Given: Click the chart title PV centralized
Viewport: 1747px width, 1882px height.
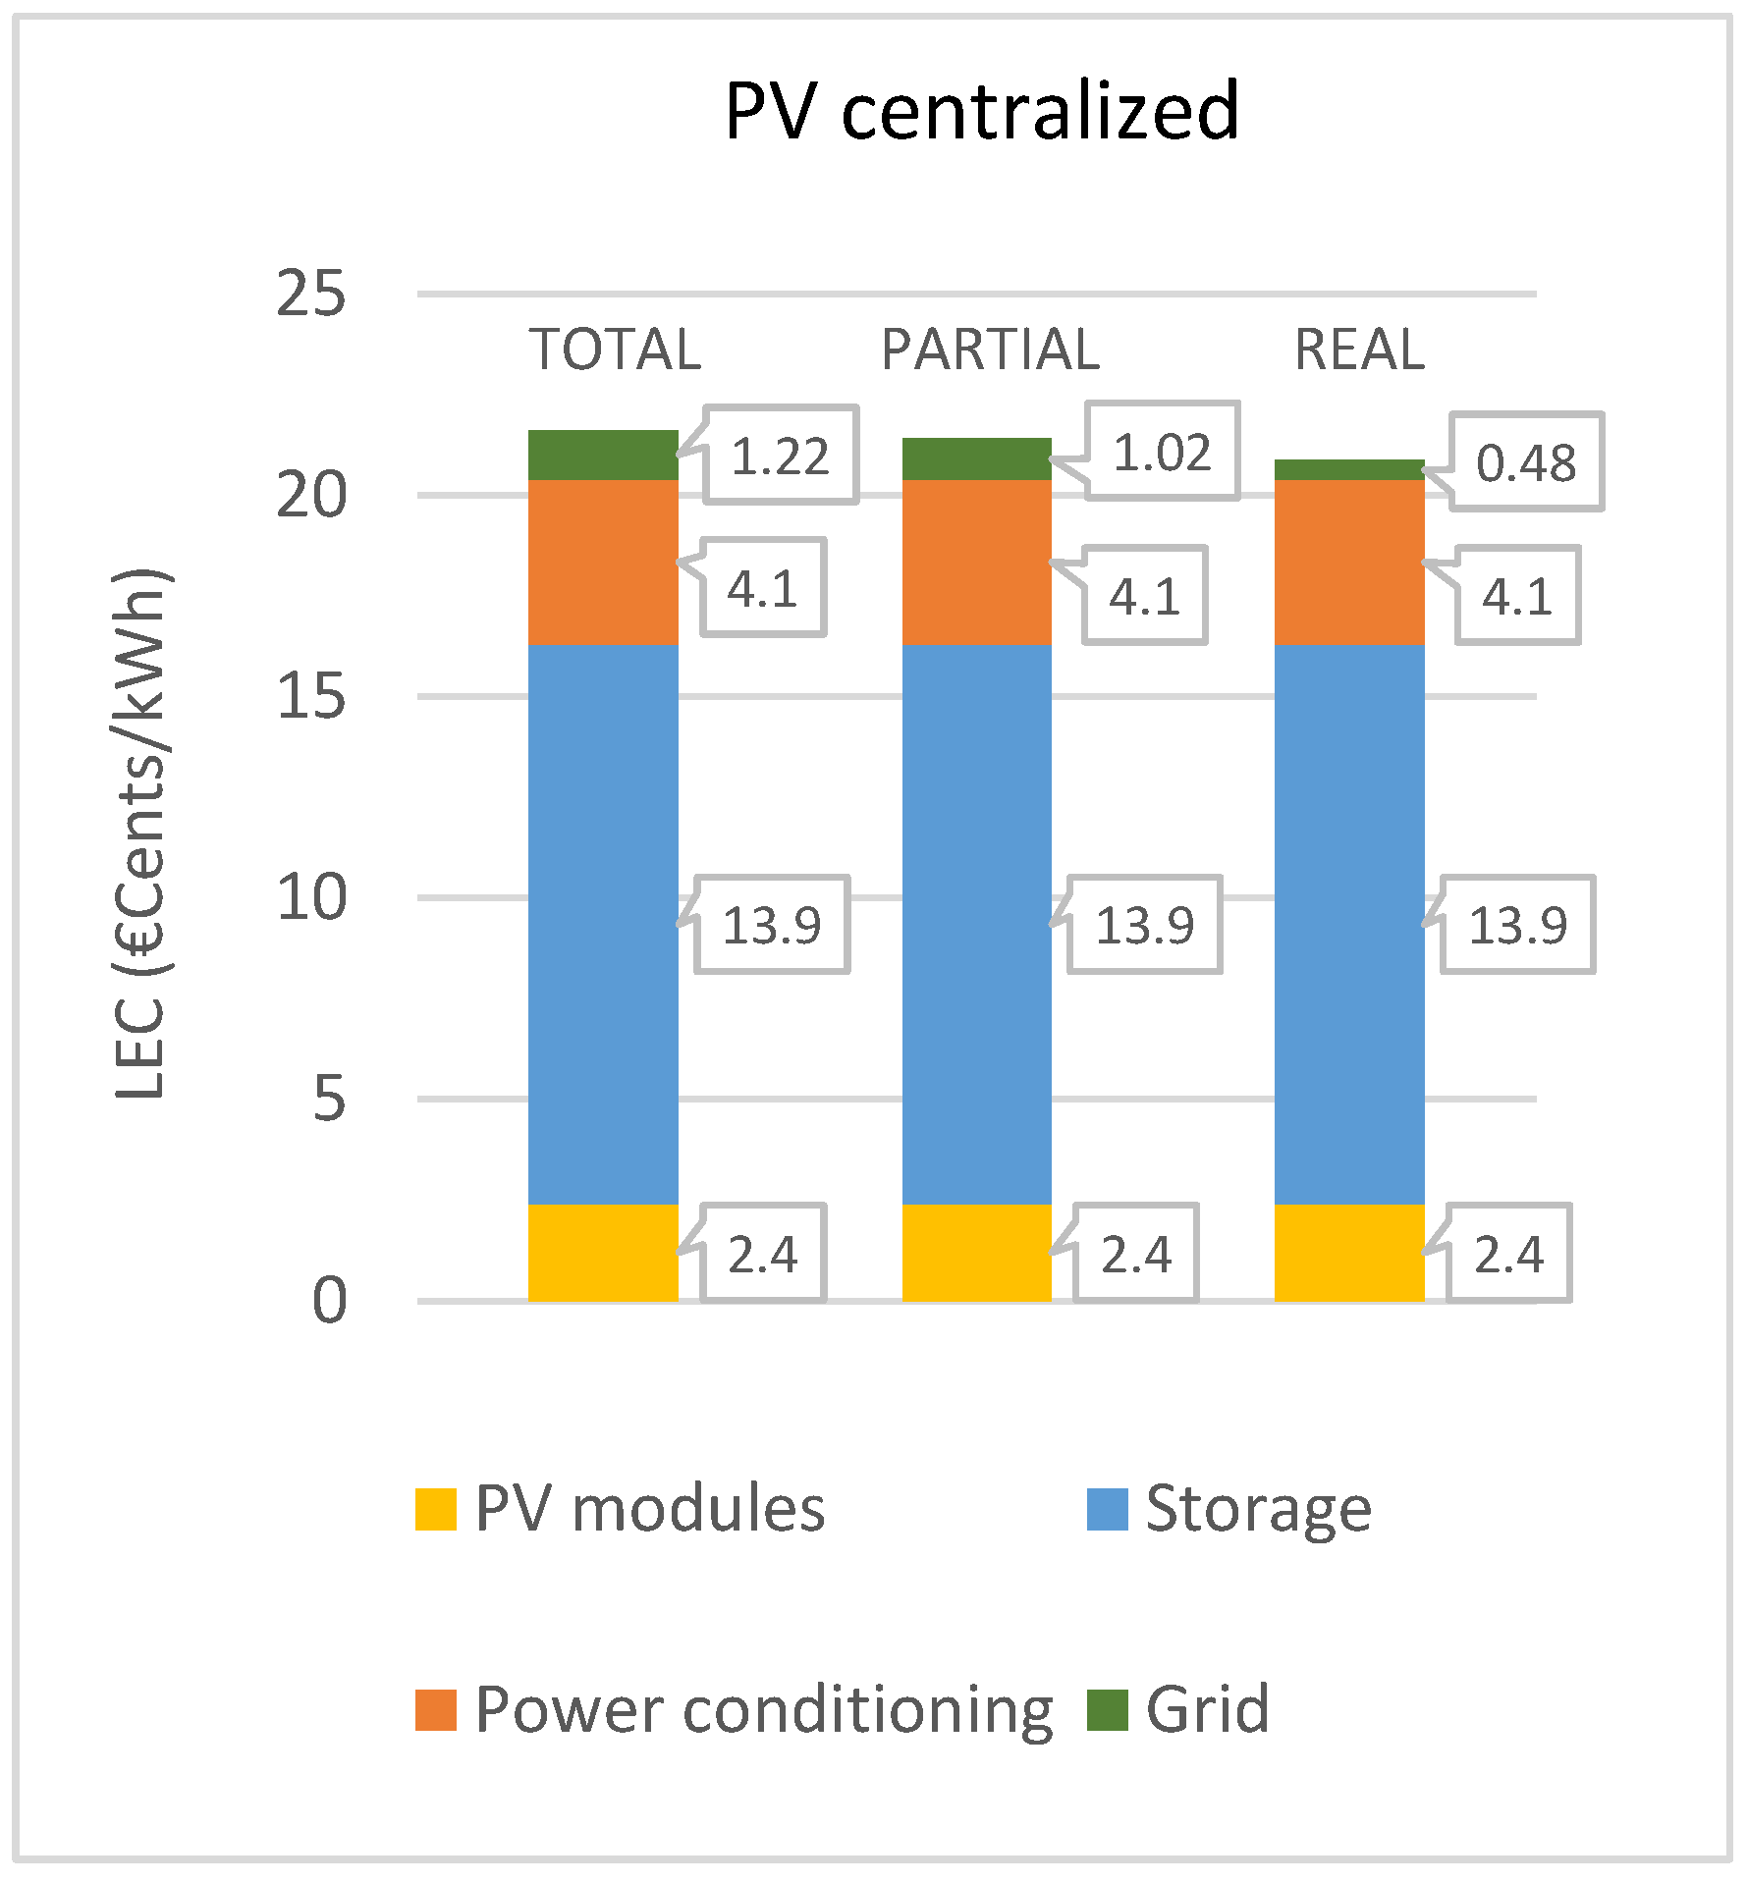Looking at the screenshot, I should (982, 111).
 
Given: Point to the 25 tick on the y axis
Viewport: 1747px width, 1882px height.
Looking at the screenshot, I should (310, 294).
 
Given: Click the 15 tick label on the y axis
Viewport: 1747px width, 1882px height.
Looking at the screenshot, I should (310, 697).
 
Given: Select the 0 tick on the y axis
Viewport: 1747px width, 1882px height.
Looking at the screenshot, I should (329, 1302).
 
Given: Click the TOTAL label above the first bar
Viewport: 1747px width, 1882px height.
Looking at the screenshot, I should (616, 350).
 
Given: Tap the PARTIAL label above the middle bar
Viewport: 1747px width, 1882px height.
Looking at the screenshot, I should (990, 350).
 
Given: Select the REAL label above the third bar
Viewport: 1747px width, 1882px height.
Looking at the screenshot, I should (1359, 350).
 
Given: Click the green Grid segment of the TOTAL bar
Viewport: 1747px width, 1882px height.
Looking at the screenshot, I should (603, 456).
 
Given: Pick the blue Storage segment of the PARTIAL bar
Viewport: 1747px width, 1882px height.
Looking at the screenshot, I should (976, 923).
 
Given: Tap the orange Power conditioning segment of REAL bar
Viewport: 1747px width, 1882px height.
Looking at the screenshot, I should (1349, 563).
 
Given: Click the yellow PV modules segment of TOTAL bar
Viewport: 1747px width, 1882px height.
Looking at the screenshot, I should (603, 1253).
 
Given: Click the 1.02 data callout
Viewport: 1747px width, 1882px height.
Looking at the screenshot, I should (1162, 453).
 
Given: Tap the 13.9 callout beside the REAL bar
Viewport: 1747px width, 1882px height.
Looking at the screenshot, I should (1517, 925).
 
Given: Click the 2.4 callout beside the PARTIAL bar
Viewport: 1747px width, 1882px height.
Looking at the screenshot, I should (1136, 1255).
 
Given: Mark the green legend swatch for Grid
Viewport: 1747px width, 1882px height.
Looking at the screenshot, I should (1107, 1710).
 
